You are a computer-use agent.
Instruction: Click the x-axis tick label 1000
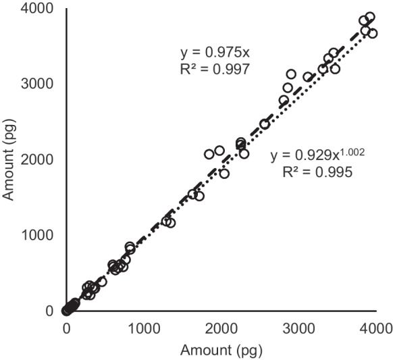tap(143, 328)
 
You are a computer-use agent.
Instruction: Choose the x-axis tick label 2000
tap(221, 328)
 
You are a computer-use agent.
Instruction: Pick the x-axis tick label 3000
tap(298, 328)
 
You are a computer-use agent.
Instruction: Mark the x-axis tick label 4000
tap(375, 328)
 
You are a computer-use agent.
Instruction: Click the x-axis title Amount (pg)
tap(221, 350)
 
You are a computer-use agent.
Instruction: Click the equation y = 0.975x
tap(209, 51)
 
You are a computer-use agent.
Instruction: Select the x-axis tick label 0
tap(66, 328)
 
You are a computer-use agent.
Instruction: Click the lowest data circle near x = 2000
tap(224, 174)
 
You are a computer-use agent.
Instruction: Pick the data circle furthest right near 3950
tap(373, 33)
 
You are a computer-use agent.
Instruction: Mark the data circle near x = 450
tap(101, 282)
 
